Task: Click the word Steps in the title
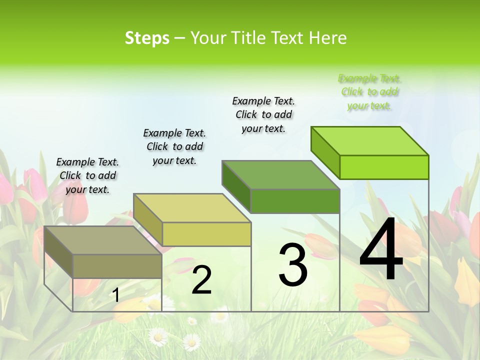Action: tap(147, 38)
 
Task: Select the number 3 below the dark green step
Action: tap(292, 264)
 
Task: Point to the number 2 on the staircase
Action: tap(201, 280)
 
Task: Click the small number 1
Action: tap(115, 295)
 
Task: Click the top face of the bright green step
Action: tap(370, 141)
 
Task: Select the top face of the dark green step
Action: tap(281, 175)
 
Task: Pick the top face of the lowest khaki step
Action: tap(103, 240)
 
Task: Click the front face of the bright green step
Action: tap(384, 167)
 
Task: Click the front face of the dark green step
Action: tap(295, 201)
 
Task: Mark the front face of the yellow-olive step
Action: tap(206, 234)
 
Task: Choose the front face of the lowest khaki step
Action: tap(117, 266)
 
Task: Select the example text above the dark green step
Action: tap(263, 114)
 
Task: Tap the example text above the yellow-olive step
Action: tap(174, 146)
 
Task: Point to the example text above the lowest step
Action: tap(87, 175)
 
